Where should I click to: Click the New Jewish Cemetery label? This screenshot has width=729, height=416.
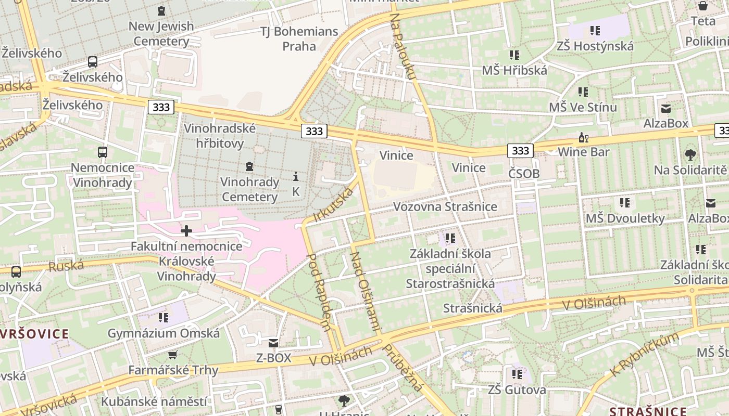(161, 33)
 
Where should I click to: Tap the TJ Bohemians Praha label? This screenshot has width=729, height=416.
(299, 39)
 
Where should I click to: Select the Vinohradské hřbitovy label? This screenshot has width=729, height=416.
(220, 136)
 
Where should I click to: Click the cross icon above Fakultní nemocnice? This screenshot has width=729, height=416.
(186, 231)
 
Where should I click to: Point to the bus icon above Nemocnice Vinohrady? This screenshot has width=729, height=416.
(103, 152)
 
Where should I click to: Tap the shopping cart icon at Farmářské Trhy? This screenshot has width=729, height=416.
(173, 355)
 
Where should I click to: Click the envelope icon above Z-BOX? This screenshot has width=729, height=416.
(273, 343)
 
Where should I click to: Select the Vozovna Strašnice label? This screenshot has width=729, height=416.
(445, 206)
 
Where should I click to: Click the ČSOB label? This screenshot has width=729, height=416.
(524, 174)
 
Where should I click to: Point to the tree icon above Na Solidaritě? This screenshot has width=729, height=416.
(690, 154)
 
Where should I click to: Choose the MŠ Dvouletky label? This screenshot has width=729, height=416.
(625, 218)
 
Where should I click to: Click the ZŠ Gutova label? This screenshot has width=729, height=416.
(517, 389)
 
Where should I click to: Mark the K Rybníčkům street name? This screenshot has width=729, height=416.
(646, 355)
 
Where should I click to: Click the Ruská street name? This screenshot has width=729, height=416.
(66, 267)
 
